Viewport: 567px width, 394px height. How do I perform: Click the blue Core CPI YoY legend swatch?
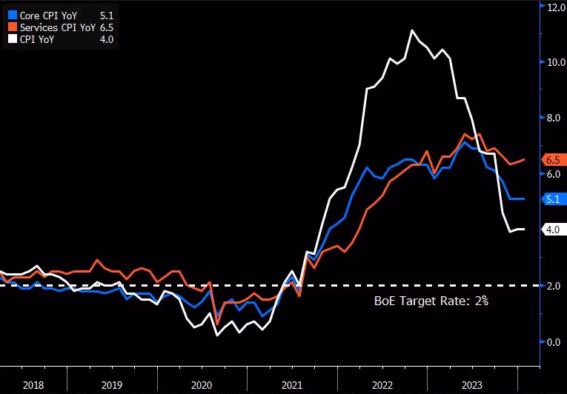point(13,15)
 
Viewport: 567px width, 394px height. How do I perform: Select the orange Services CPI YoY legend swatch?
point(13,27)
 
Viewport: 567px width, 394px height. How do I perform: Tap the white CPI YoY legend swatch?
point(13,39)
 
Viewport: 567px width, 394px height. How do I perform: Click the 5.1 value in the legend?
point(107,16)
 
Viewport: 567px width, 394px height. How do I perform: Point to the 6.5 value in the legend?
point(107,27)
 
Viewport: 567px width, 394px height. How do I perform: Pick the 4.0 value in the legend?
point(107,39)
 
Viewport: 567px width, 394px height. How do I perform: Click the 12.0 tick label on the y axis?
point(556,7)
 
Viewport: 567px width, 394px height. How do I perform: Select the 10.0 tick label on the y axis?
point(556,62)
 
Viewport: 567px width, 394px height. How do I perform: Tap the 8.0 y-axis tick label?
point(554,118)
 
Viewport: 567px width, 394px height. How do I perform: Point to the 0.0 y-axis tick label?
point(554,342)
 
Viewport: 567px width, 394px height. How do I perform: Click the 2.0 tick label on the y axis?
point(554,286)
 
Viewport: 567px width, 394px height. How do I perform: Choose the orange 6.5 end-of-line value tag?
point(554,160)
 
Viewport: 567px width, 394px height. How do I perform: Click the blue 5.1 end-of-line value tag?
point(554,198)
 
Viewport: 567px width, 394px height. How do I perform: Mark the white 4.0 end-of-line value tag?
point(554,229)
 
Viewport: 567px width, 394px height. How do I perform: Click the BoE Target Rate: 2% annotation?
point(431,301)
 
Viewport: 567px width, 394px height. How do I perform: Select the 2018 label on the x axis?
point(33,385)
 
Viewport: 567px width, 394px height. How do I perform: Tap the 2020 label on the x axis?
point(202,385)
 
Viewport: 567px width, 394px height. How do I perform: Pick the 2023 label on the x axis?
point(472,385)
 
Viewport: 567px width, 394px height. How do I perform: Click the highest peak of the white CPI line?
point(412,30)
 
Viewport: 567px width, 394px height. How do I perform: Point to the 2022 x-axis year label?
point(382,385)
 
